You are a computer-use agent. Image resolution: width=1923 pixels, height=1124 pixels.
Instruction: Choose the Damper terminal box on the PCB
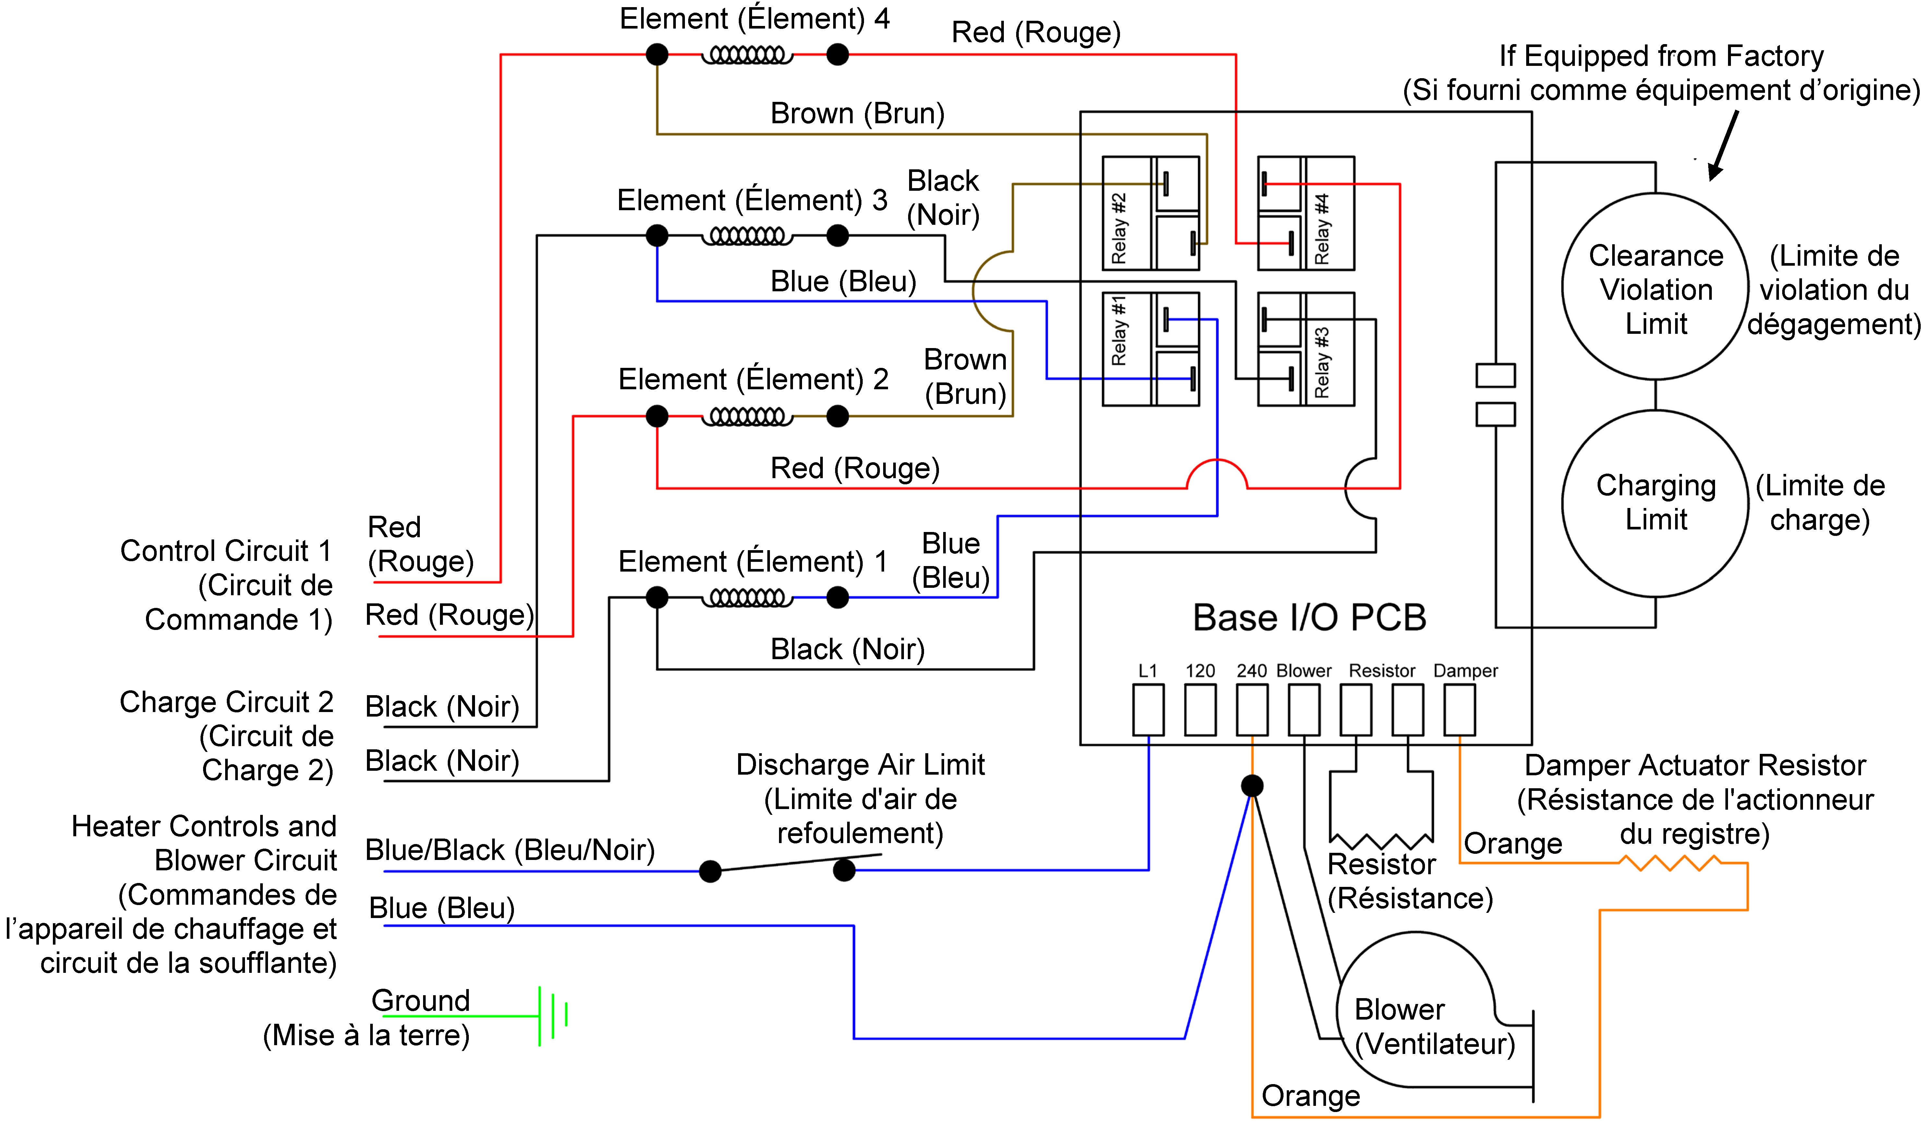1459,710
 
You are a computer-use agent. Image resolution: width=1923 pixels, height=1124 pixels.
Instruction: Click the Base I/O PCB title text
1309,618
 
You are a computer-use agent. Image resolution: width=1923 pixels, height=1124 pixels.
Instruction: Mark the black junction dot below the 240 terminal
1252,785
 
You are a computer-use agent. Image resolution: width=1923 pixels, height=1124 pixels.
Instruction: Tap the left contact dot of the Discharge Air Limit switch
710,871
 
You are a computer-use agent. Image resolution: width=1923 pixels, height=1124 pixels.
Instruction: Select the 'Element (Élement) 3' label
752,200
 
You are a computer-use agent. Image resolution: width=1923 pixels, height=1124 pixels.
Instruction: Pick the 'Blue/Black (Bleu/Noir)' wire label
510,850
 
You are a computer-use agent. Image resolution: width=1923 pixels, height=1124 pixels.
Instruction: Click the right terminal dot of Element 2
837,417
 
